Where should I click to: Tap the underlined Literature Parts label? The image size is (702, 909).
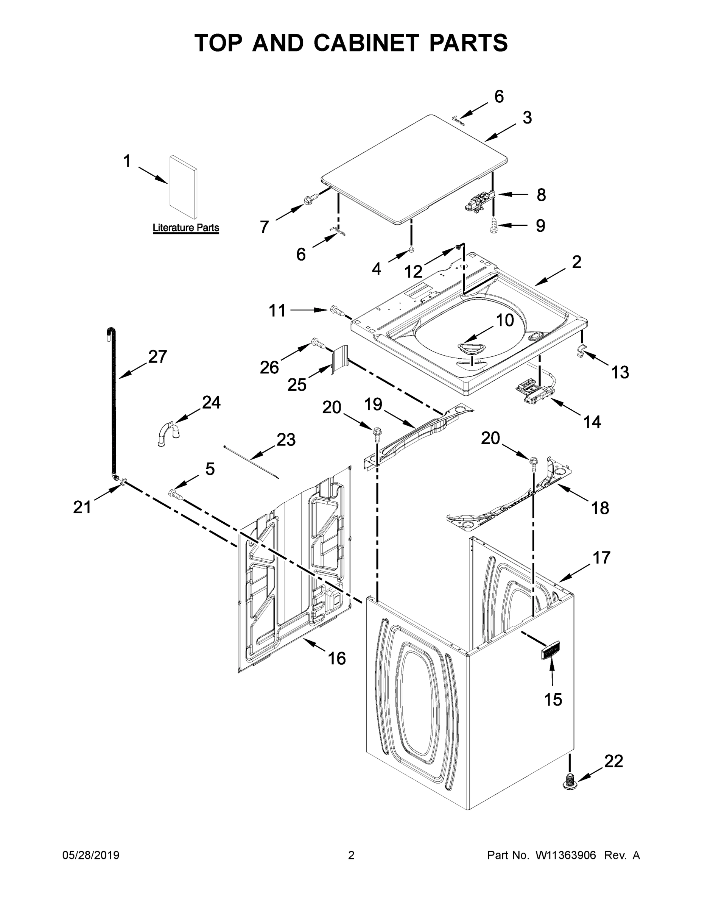pos(185,228)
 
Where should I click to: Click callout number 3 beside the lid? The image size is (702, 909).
pos(527,118)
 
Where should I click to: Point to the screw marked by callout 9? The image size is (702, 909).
pos(493,225)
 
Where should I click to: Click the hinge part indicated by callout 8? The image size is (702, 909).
pos(478,200)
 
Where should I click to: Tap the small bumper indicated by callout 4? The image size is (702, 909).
pos(411,250)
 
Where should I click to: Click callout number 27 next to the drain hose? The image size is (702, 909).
pos(157,357)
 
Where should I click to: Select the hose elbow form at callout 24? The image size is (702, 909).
pos(168,433)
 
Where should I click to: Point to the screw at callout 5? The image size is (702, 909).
pos(176,494)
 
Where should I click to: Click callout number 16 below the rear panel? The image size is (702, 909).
pos(336,658)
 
